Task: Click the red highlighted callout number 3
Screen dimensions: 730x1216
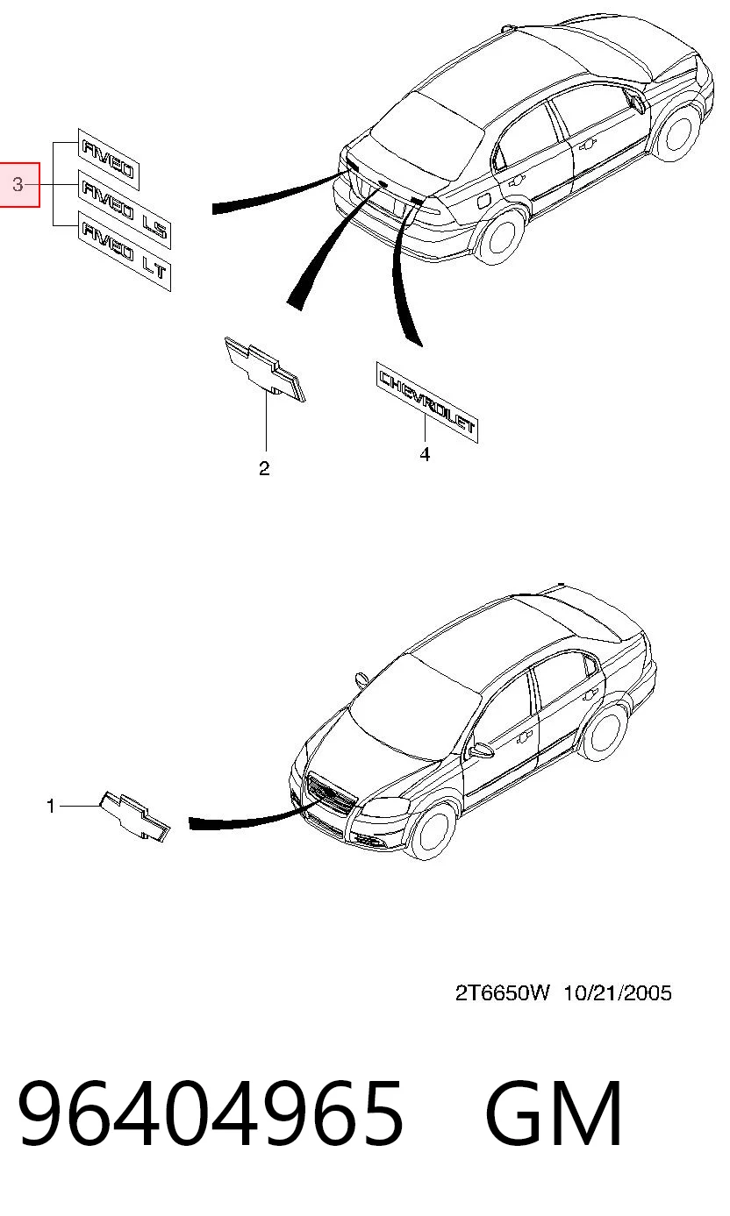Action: click(x=18, y=185)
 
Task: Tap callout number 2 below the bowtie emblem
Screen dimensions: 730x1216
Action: click(x=264, y=468)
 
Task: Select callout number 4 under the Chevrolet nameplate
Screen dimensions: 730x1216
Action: click(x=425, y=454)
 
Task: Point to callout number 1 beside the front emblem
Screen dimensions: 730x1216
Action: click(x=51, y=807)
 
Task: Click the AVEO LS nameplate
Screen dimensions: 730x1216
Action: click(x=125, y=210)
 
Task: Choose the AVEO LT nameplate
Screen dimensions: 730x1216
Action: click(x=125, y=251)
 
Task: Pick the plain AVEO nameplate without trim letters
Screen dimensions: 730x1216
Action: click(x=109, y=160)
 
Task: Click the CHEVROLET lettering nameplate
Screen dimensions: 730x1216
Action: click(x=427, y=402)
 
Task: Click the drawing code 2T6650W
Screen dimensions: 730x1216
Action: click(x=503, y=993)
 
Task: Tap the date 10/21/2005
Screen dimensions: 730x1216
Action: click(x=618, y=993)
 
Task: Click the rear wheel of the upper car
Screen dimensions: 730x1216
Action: click(x=503, y=237)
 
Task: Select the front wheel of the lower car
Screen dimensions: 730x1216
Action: click(x=432, y=833)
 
